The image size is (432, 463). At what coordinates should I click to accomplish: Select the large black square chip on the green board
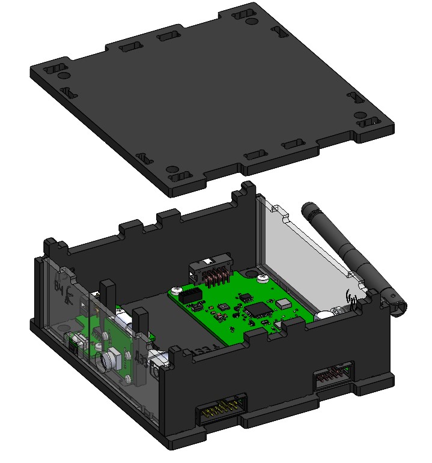(x=259, y=310)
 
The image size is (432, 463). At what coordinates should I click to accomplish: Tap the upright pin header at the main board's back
(x=211, y=274)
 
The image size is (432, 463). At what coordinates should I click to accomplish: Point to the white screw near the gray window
(x=263, y=278)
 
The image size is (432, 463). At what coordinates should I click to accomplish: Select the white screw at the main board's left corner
(x=177, y=291)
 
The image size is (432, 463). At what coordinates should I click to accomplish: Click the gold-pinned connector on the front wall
(x=223, y=413)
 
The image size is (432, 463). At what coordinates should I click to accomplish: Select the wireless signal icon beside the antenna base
(x=352, y=296)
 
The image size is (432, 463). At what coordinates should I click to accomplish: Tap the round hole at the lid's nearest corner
(x=172, y=170)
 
